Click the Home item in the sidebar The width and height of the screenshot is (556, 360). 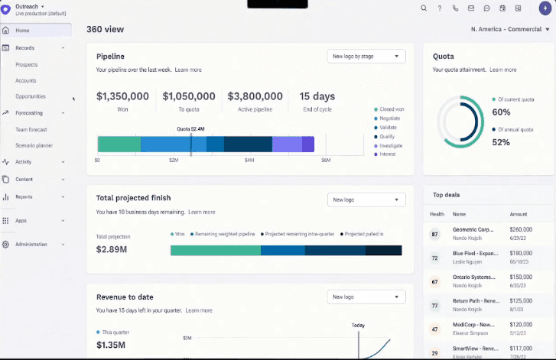tap(22, 30)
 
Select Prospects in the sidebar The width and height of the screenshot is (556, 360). tap(26, 65)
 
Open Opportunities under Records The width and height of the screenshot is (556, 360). tap(31, 96)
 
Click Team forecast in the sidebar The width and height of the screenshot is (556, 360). tap(31, 129)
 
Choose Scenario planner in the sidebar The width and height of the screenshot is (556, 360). tap(34, 145)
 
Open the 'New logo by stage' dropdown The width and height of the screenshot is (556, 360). tap(366, 56)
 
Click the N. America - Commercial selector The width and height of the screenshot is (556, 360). tap(506, 29)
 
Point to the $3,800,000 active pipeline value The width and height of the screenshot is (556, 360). tap(255, 96)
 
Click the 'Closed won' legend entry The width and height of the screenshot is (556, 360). tap(391, 109)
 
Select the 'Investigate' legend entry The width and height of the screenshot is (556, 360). tap(390, 145)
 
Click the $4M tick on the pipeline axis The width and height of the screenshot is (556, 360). tap(249, 161)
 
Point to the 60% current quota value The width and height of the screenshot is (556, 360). tap(501, 112)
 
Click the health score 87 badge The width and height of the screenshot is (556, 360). tap(434, 234)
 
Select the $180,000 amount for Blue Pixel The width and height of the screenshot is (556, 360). tap(521, 253)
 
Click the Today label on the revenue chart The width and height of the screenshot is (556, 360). tap(358, 325)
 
